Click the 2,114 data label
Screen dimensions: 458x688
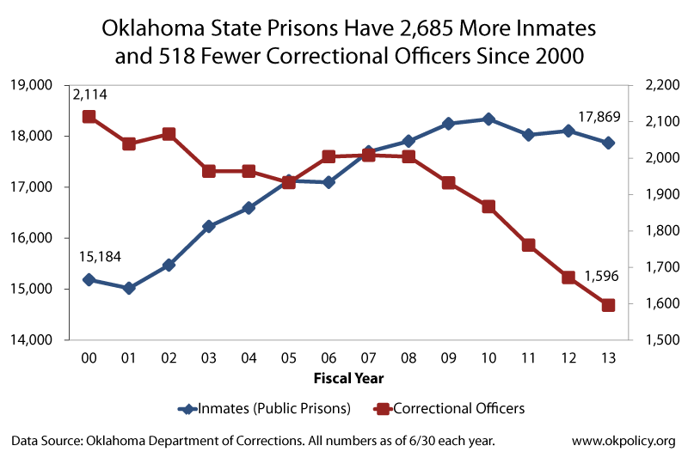click(x=89, y=95)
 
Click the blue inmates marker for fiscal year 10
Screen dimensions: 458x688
click(x=488, y=119)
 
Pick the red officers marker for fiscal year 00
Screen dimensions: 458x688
click(x=89, y=117)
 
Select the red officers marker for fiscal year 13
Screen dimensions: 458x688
click(x=608, y=305)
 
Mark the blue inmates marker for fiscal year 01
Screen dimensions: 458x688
click(x=129, y=289)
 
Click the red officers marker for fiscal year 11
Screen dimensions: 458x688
click(x=528, y=245)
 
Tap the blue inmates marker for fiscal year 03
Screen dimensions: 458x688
click(x=209, y=227)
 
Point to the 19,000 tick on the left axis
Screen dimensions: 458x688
click(x=30, y=85)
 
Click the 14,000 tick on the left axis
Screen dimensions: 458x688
click(x=30, y=340)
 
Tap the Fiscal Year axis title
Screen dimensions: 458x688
click(x=348, y=377)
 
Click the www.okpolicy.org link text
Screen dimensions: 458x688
click(x=623, y=441)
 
